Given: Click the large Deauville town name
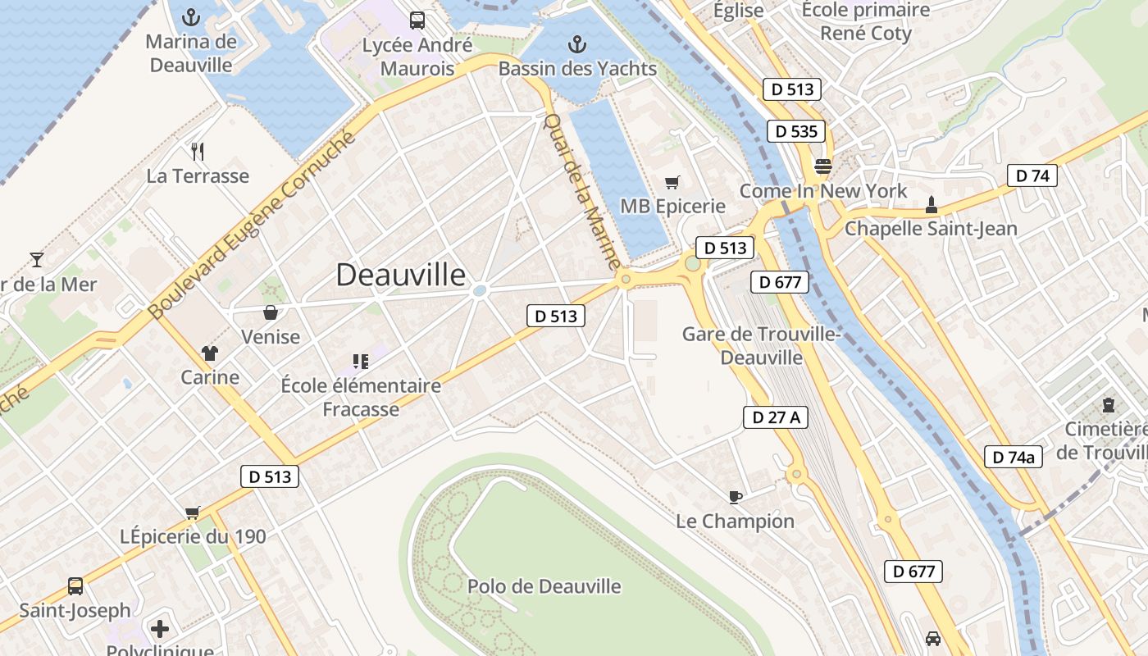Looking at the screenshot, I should point(401,275).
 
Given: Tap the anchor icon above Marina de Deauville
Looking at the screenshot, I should point(191,16).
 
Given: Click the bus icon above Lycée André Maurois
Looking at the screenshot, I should point(417,20).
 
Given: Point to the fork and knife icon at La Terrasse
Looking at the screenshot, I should point(197,151).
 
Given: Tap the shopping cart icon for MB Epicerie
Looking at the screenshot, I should point(672,182).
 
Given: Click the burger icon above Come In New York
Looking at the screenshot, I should point(823,166).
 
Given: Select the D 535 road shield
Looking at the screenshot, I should point(795,131).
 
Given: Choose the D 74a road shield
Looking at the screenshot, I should point(1013,457).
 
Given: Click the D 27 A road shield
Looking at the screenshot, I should point(776,417).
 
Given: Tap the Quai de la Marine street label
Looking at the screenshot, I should point(581,193).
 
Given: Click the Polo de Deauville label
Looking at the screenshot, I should point(544,586).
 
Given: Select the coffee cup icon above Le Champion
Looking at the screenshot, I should point(736,497).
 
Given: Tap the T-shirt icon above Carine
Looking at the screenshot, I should point(210,353).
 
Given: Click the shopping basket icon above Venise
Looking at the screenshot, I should point(270,312).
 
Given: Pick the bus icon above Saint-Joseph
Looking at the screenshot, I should point(75,586).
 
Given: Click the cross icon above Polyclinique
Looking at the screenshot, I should point(160,629).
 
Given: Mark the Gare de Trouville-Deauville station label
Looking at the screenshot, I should point(760,346).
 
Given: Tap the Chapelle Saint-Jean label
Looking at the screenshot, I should point(931,229).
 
